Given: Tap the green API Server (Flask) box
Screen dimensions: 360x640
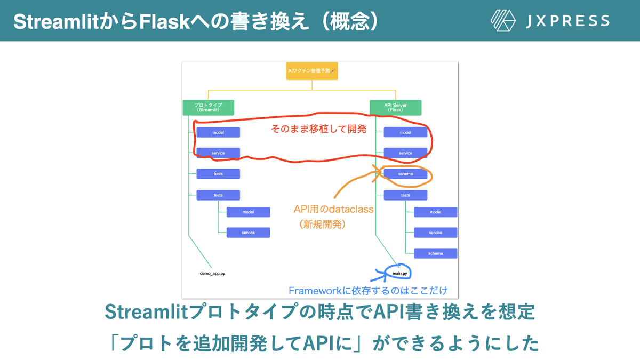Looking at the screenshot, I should click(x=395, y=108).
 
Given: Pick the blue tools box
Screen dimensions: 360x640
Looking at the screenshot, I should click(x=218, y=174).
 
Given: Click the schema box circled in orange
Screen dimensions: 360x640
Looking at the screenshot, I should click(x=405, y=174).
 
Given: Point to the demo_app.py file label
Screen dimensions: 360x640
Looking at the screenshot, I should click(x=212, y=273).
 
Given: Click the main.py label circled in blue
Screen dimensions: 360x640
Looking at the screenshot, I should click(x=400, y=274).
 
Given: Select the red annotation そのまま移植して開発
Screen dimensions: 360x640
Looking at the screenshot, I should click(x=318, y=129).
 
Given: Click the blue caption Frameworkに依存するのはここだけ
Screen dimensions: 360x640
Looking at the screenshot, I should click(x=367, y=291).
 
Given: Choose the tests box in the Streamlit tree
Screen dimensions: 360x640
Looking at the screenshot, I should click(x=218, y=195).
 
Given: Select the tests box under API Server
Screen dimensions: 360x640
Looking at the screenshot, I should click(x=405, y=195).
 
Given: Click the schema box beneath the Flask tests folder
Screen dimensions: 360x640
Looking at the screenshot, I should click(x=435, y=253).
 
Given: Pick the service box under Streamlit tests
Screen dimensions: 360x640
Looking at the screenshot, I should click(x=248, y=233).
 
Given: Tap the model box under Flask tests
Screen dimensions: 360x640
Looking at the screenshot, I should click(x=435, y=212).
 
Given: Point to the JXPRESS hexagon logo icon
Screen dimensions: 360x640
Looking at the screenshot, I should click(x=503, y=21).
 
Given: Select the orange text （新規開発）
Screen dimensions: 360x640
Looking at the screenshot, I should click(x=323, y=225).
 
